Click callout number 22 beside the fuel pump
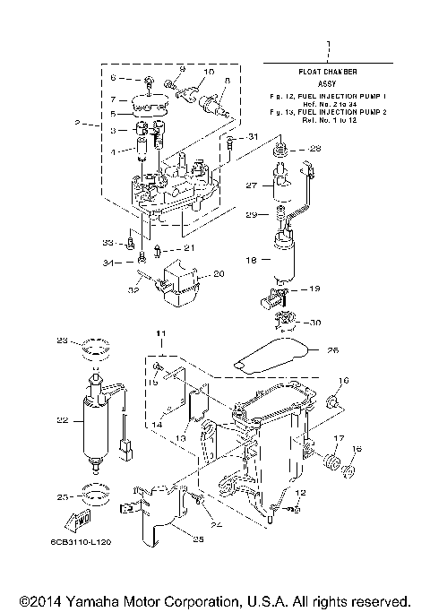pos(62,418)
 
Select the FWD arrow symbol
pos(73,521)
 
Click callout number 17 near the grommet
pos(338,438)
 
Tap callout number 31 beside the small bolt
pos(253,136)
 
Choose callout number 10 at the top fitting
pos(208,71)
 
